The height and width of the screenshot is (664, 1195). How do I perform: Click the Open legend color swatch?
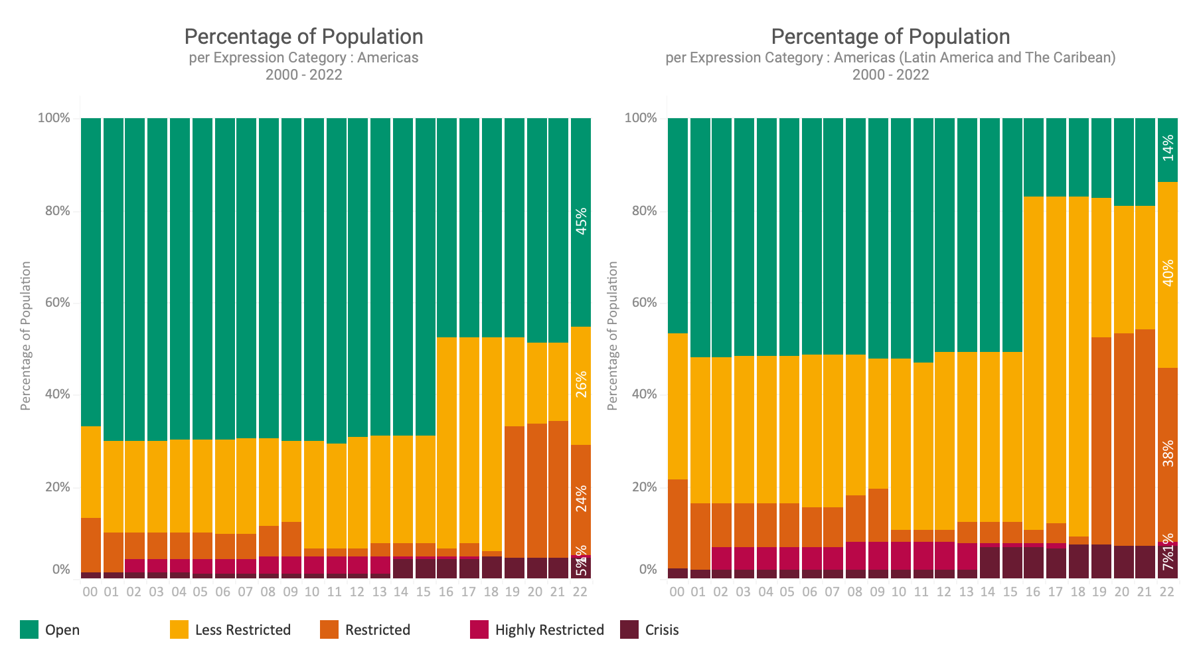click(x=29, y=629)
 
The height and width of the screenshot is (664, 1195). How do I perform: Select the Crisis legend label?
click(x=662, y=630)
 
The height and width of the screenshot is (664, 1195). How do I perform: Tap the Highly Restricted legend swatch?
click(x=479, y=629)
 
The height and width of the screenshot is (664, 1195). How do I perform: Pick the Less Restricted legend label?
click(x=243, y=630)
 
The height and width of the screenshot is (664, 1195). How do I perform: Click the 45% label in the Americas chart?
click(x=581, y=222)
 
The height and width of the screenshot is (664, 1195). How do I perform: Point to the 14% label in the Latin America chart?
click(x=1168, y=147)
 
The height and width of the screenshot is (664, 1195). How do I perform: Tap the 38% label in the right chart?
click(x=1168, y=453)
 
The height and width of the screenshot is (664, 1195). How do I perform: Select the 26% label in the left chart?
click(x=581, y=384)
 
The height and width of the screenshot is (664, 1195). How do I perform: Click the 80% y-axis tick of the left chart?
click(x=54, y=211)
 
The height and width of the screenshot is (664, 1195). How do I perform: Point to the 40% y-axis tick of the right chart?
click(x=641, y=394)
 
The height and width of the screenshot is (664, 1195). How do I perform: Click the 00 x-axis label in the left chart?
click(x=90, y=592)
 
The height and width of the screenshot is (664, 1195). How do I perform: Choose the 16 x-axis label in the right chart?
click(x=1033, y=592)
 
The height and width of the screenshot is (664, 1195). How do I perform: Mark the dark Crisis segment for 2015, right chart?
click(x=1012, y=562)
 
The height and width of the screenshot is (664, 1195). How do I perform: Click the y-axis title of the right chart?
click(x=612, y=335)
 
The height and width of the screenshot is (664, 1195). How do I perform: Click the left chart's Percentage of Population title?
click(x=303, y=37)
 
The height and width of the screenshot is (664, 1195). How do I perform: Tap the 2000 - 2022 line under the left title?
click(x=303, y=74)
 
